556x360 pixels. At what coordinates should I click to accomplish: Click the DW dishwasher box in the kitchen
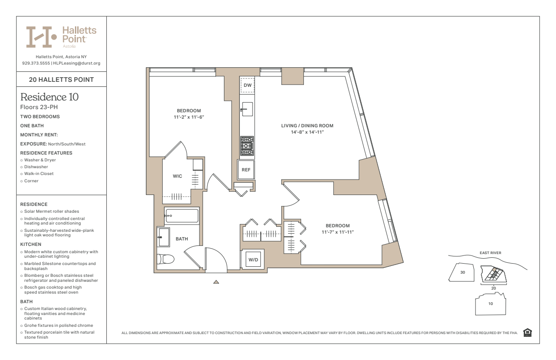[x=248, y=85]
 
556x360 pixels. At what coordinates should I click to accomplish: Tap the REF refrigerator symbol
[x=246, y=170]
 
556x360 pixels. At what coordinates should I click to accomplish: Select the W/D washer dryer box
[x=253, y=260]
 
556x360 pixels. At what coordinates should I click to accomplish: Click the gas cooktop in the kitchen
[x=247, y=146]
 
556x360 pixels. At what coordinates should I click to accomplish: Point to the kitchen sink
[x=247, y=109]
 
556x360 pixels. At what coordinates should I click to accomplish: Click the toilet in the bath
[x=165, y=259]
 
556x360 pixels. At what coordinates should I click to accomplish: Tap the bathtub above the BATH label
[x=182, y=215]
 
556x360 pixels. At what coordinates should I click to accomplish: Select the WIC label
[x=178, y=176]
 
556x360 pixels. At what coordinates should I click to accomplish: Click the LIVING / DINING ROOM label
[x=307, y=126]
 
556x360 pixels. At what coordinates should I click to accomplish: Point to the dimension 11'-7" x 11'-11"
[x=338, y=232]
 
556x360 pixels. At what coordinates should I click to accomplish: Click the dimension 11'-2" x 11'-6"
[x=189, y=117]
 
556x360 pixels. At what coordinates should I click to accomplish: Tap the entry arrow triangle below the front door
[x=216, y=282]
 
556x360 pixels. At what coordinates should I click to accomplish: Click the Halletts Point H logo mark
[x=41, y=37]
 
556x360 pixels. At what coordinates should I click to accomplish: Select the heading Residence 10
[x=50, y=97]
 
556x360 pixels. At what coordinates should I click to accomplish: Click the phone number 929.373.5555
[x=36, y=63]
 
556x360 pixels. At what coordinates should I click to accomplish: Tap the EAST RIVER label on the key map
[x=491, y=253]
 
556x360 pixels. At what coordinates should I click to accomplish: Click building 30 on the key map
[x=462, y=272]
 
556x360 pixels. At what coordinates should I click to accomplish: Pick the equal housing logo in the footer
[x=527, y=332]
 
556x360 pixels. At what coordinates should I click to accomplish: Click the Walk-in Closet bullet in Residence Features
[x=39, y=174]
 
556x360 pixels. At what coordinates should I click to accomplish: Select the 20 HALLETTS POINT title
[x=61, y=80]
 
